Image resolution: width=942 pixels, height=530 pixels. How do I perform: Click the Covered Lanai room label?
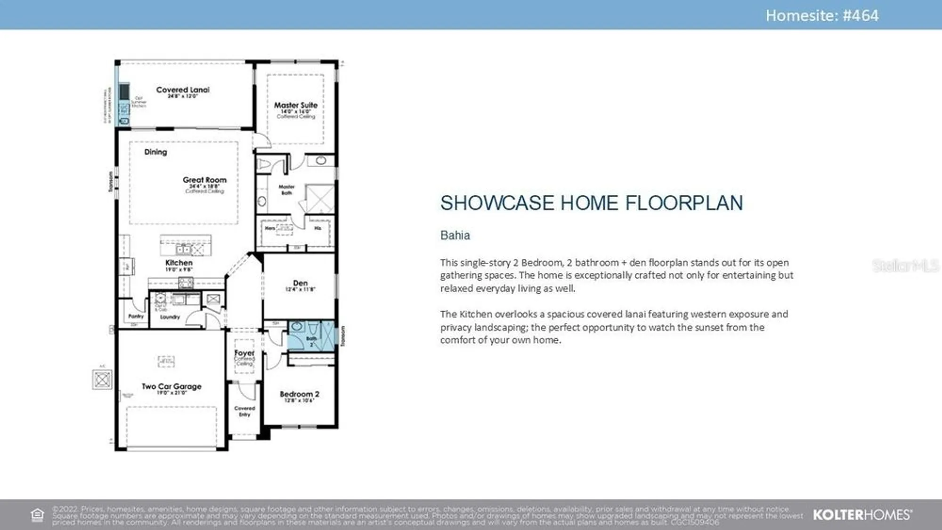[183, 90]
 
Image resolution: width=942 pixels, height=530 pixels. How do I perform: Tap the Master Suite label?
[296, 105]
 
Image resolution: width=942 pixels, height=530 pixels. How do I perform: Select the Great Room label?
[204, 180]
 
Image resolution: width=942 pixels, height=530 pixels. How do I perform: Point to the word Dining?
[155, 152]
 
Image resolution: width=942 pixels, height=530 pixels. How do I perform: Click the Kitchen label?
[179, 263]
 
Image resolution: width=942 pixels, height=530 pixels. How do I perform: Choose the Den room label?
[300, 283]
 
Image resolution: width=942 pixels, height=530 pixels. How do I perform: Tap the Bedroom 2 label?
[300, 394]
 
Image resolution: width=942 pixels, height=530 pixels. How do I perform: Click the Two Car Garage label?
[171, 386]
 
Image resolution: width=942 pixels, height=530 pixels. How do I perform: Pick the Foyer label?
[244, 353]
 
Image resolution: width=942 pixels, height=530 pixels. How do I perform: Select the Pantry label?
[136, 316]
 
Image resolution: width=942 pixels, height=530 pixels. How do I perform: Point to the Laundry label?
[170, 317]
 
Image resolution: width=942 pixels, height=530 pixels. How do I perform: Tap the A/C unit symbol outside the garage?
[102, 379]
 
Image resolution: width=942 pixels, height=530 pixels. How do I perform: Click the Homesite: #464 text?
[822, 16]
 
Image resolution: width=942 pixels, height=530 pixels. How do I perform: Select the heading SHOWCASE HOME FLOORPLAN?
[591, 203]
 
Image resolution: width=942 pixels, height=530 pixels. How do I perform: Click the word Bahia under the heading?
[455, 235]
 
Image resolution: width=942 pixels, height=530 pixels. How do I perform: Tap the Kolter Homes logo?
[862, 515]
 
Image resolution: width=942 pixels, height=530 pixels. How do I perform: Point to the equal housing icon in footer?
[37, 515]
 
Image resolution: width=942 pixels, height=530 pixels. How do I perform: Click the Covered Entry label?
[244, 411]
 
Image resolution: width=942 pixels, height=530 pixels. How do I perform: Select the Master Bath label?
[286, 190]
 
